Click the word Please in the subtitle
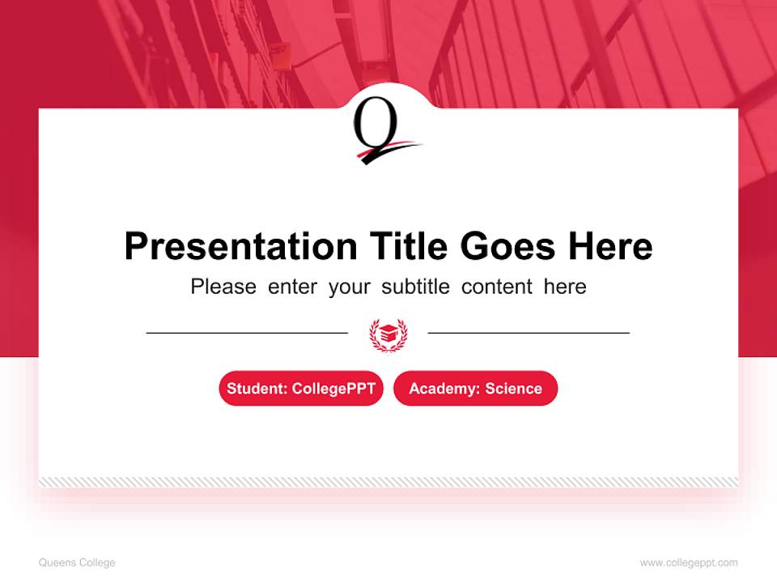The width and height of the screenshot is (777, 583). point(223,287)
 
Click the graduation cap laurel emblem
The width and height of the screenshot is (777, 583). point(388,333)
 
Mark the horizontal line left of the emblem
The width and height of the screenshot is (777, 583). point(247,333)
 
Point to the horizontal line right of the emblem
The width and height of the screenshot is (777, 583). point(529,333)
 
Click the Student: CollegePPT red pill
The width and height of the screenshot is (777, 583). point(301,389)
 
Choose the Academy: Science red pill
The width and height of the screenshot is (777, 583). point(475,389)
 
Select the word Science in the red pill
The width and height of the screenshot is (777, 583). point(513,389)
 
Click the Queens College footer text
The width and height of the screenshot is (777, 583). point(77,563)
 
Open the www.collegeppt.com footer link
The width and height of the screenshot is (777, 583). point(689,563)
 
